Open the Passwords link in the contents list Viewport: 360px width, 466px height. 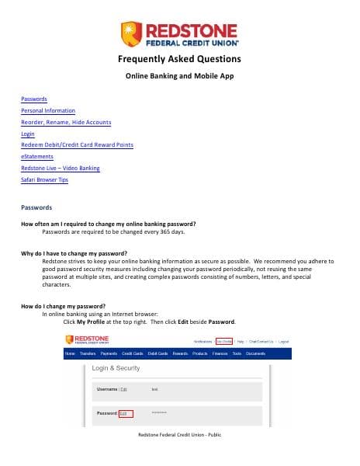click(x=34, y=99)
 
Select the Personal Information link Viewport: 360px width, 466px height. click(x=48, y=111)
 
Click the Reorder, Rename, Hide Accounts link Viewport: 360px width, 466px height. click(x=66, y=123)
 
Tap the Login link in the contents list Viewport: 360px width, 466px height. click(x=28, y=134)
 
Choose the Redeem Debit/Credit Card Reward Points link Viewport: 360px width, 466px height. click(x=77, y=145)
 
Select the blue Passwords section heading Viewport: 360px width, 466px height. click(x=36, y=207)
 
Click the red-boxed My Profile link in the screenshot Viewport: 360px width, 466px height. click(x=223, y=341)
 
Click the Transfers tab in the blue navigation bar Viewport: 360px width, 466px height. click(x=87, y=353)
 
